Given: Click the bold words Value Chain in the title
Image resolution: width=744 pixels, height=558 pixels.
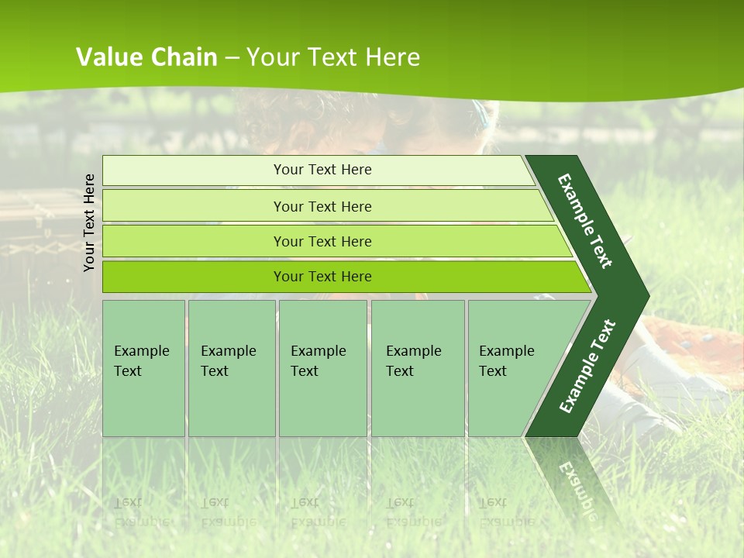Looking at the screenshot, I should (146, 57).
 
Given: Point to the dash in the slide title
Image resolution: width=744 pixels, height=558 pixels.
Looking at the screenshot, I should (232, 58).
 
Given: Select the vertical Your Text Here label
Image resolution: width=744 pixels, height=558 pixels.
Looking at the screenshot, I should (89, 222).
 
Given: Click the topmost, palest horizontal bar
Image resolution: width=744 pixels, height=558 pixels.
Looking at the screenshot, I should (322, 170).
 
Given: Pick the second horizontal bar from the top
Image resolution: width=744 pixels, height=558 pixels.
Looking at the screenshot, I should (322, 206).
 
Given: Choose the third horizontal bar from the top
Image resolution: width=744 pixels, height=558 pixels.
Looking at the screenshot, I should (322, 241).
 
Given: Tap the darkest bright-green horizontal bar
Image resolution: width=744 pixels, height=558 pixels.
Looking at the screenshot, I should (322, 277).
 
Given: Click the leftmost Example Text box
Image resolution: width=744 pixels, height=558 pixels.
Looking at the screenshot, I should (143, 368).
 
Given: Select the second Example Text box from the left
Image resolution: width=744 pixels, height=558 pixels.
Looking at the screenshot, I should (231, 368).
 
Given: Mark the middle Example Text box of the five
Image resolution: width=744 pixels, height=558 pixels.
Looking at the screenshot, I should (322, 368).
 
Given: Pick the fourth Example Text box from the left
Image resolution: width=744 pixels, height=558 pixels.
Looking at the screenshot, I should (417, 368).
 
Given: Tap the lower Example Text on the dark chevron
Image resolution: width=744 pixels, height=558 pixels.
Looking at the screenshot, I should (587, 367).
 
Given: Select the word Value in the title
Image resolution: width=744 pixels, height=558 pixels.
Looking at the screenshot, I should (107, 57).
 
